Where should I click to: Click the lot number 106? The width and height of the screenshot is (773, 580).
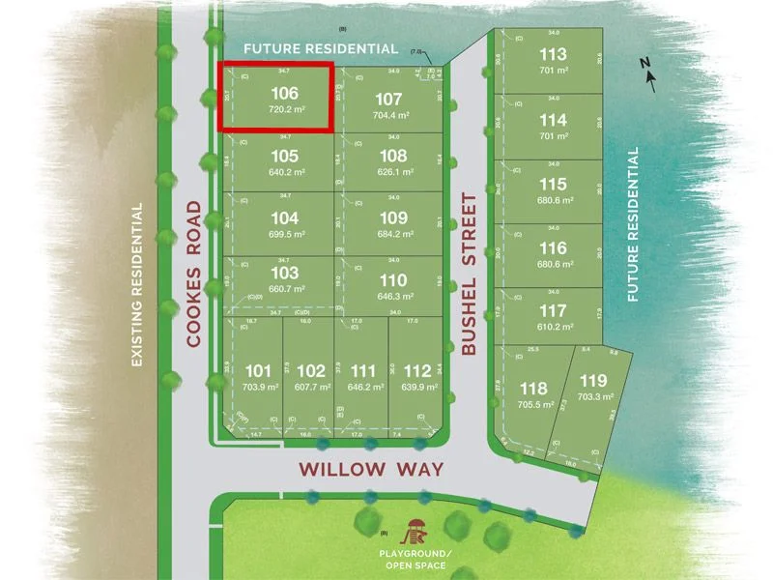[283, 93]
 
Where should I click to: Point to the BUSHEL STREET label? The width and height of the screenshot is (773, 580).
[470, 275]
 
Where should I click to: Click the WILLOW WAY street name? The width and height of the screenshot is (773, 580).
[371, 470]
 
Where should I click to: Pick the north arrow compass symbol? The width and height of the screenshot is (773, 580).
[651, 75]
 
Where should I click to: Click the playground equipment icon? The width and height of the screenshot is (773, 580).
[417, 531]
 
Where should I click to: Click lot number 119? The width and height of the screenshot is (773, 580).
[592, 382]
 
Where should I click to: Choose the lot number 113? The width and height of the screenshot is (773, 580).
[554, 55]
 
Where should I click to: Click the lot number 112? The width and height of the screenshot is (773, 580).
[417, 370]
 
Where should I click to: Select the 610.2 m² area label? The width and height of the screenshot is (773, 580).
[554, 328]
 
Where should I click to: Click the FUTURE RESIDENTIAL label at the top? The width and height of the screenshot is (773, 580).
[320, 48]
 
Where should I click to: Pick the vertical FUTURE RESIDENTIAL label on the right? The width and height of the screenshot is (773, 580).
[634, 224]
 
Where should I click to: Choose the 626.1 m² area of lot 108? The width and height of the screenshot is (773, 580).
[388, 171]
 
